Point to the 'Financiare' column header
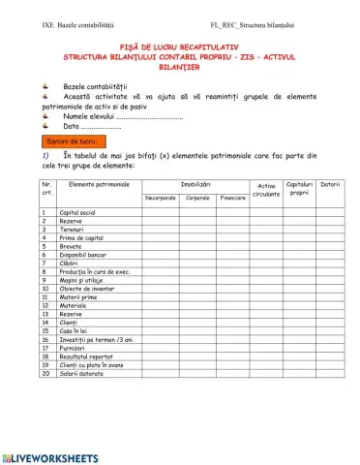[x=232, y=198]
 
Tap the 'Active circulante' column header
[x=265, y=190]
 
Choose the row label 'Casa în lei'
[x=76, y=331]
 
